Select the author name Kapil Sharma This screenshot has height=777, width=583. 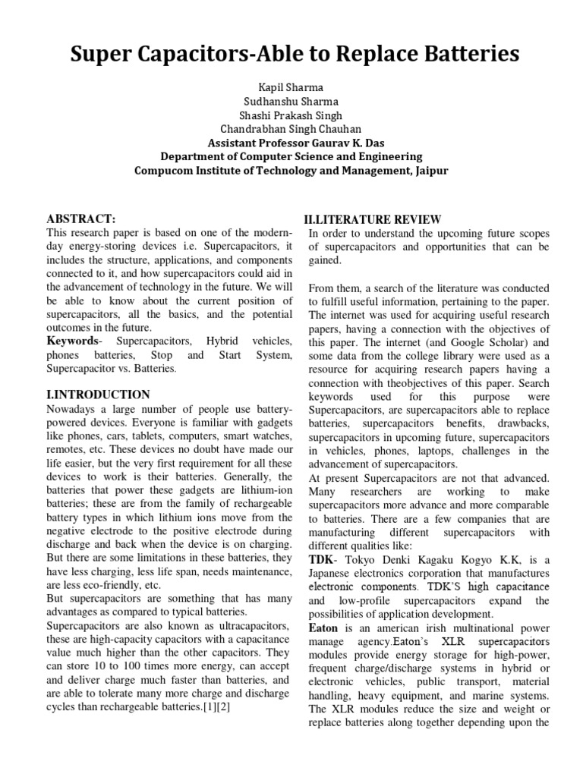tap(291, 88)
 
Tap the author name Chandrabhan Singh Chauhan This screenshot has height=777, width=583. tap(291, 129)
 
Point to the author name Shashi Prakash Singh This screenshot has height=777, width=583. tap(291, 115)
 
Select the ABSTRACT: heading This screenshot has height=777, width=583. tap(81, 219)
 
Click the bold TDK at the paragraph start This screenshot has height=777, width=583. tap(320, 560)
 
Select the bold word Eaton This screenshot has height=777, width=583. tap(323, 628)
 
